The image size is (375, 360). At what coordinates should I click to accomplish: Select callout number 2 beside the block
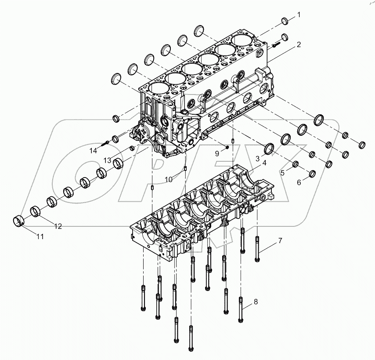pos(298,45)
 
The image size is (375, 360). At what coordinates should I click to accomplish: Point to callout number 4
pos(264,163)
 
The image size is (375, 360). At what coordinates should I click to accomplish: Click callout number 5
pos(282,173)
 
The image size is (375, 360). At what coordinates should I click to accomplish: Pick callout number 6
pos(299,182)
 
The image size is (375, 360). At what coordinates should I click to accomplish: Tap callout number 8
pos(256,302)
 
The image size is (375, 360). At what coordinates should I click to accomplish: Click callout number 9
pos(217,153)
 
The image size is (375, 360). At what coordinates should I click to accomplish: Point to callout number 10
pos(169,179)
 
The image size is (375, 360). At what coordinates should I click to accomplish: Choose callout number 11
pos(40,236)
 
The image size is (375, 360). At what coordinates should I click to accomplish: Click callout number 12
pos(58,226)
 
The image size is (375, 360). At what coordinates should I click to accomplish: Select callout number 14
pos(93,151)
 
